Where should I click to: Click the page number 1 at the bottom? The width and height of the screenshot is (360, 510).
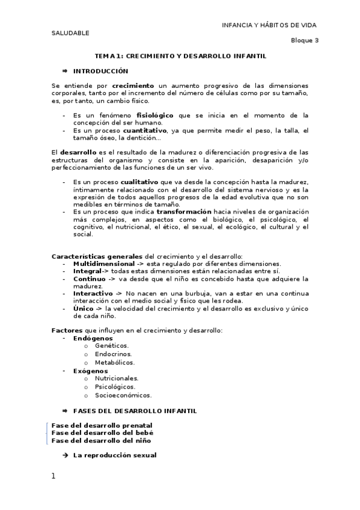point(53,476)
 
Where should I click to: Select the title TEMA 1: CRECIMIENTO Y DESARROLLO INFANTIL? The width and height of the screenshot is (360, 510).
point(180,55)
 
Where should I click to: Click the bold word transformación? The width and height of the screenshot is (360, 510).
point(184,211)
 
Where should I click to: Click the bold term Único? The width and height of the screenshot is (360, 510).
point(83,308)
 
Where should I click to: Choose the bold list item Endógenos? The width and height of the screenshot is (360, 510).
point(93,338)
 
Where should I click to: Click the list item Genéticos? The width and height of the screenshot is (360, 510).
point(112,346)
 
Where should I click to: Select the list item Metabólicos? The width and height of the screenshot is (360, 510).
point(115,362)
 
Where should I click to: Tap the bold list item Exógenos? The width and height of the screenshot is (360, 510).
point(91,371)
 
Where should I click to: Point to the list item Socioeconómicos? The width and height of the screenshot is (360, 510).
point(123,395)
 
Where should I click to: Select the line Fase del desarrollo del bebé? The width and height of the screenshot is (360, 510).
point(102,432)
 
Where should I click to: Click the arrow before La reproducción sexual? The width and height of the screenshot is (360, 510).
point(65,455)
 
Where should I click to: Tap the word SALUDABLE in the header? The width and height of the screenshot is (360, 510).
point(70,32)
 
